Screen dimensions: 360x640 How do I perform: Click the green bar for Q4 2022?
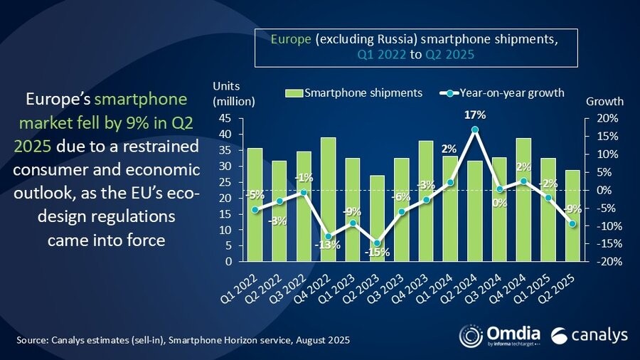click(x=308, y=199)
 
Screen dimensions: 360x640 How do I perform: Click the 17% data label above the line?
click(x=476, y=115)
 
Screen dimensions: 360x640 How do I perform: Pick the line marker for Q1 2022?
click(x=255, y=209)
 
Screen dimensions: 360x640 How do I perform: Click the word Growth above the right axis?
click(x=604, y=101)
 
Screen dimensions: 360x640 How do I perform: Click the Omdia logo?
click(x=501, y=334)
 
